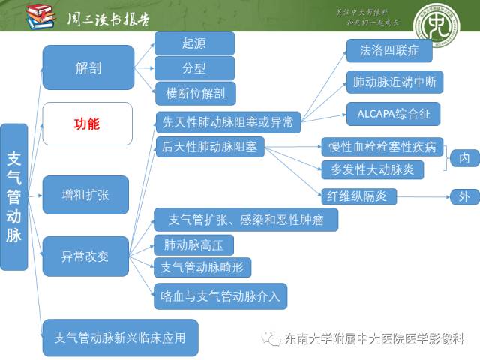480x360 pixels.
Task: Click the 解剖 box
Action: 88,67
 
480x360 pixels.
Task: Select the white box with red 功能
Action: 87,124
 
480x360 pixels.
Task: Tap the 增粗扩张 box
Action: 85,195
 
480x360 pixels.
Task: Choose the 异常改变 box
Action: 85,256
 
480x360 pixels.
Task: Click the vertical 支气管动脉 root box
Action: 14,197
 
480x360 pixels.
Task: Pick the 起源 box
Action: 194,43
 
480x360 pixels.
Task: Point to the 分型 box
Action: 194,68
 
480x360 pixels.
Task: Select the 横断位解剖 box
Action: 194,93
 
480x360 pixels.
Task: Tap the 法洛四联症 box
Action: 389,51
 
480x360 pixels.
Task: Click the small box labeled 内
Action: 464,158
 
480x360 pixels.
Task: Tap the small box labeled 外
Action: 464,197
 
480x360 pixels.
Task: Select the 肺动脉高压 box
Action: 193,244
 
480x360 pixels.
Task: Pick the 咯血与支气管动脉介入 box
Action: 220,295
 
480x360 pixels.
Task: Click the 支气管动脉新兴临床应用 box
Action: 120,337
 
